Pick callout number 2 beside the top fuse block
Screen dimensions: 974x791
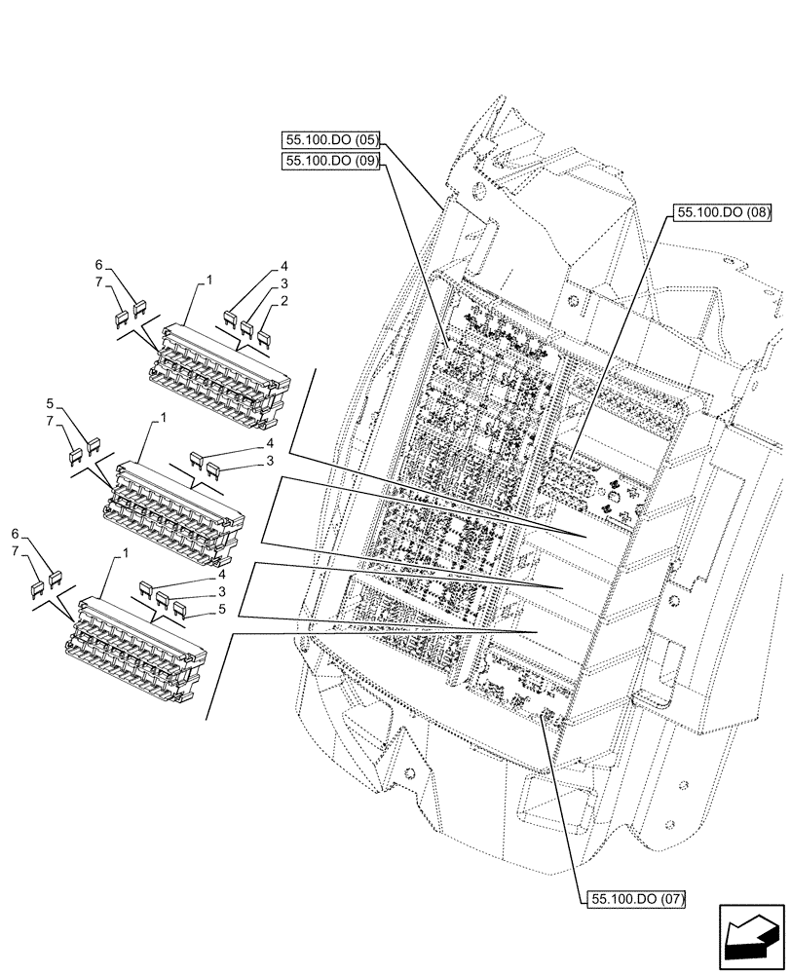pyautogui.click(x=283, y=302)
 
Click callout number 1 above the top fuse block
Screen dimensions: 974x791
pyautogui.click(x=208, y=280)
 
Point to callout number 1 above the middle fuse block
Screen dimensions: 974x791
pyautogui.click(x=162, y=418)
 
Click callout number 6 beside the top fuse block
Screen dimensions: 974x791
pyautogui.click(x=98, y=265)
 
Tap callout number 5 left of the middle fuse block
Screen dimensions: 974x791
pyautogui.click(x=49, y=402)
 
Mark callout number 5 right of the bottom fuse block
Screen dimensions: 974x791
pyautogui.click(x=222, y=609)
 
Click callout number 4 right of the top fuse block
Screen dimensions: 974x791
pyautogui.click(x=283, y=266)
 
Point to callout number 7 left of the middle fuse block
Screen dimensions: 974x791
pyautogui.click(x=49, y=420)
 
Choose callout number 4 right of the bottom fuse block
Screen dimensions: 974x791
pyautogui.click(x=222, y=575)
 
